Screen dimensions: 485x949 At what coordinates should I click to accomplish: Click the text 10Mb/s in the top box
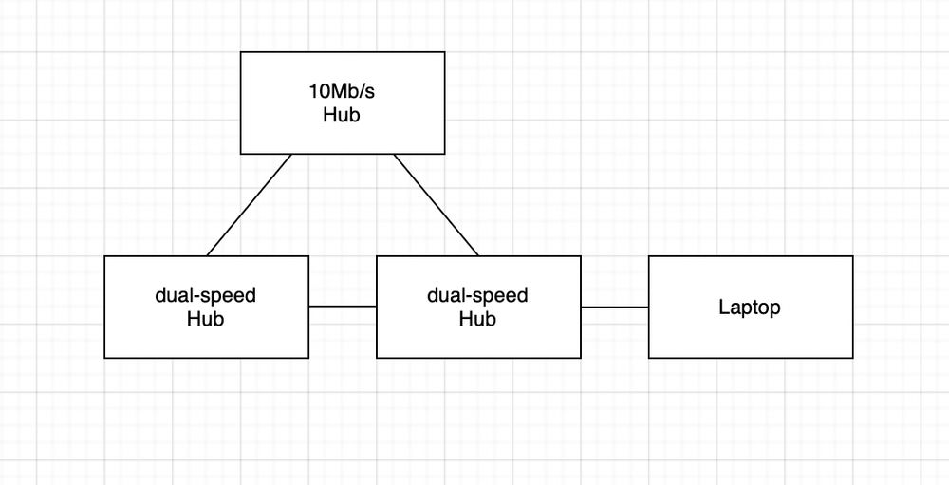pyautogui.click(x=342, y=93)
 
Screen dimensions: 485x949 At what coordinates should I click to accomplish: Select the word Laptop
pyautogui.click(x=750, y=308)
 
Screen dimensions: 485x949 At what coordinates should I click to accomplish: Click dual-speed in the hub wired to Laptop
pyautogui.click(x=478, y=296)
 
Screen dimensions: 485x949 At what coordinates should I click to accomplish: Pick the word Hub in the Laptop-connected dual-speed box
pyautogui.click(x=478, y=319)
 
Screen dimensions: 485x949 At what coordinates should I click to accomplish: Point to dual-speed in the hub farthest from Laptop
pyautogui.click(x=206, y=296)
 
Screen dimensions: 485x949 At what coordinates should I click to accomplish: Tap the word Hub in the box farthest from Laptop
pyautogui.click(x=206, y=319)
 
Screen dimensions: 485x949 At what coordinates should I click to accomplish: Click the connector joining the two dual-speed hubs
pyautogui.click(x=343, y=307)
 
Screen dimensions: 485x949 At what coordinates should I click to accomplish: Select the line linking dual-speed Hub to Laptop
pyautogui.click(x=615, y=307)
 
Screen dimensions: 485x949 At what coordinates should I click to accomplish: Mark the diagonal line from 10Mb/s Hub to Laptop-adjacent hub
pyautogui.click(x=437, y=205)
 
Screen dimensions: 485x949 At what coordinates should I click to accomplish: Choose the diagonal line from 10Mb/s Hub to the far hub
pyautogui.click(x=249, y=205)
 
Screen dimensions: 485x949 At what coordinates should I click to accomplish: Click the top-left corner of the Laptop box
pyautogui.click(x=649, y=256)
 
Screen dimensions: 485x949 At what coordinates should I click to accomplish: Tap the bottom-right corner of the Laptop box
pyautogui.click(x=853, y=358)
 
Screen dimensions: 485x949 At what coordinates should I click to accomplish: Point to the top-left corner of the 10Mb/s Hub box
pyautogui.click(x=240, y=52)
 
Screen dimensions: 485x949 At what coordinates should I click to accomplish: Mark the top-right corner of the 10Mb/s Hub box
pyautogui.click(x=444, y=52)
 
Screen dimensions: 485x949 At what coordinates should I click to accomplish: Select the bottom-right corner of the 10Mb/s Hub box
pyautogui.click(x=444, y=154)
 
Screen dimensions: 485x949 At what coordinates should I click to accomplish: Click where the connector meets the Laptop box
pyautogui.click(x=649, y=307)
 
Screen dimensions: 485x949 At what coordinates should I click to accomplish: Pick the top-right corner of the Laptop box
pyautogui.click(x=853, y=256)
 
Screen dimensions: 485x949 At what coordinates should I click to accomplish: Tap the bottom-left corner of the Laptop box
pyautogui.click(x=649, y=358)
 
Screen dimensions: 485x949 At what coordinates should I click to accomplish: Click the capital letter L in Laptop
pyautogui.click(x=723, y=308)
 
